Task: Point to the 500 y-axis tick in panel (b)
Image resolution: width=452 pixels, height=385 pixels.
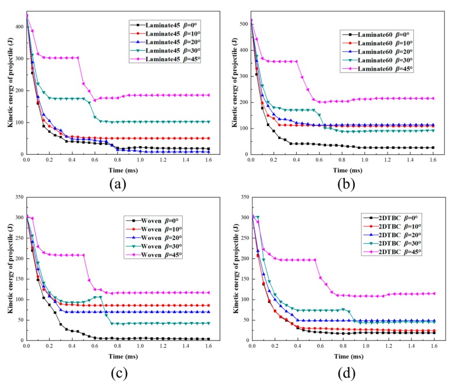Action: tap(243, 23)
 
